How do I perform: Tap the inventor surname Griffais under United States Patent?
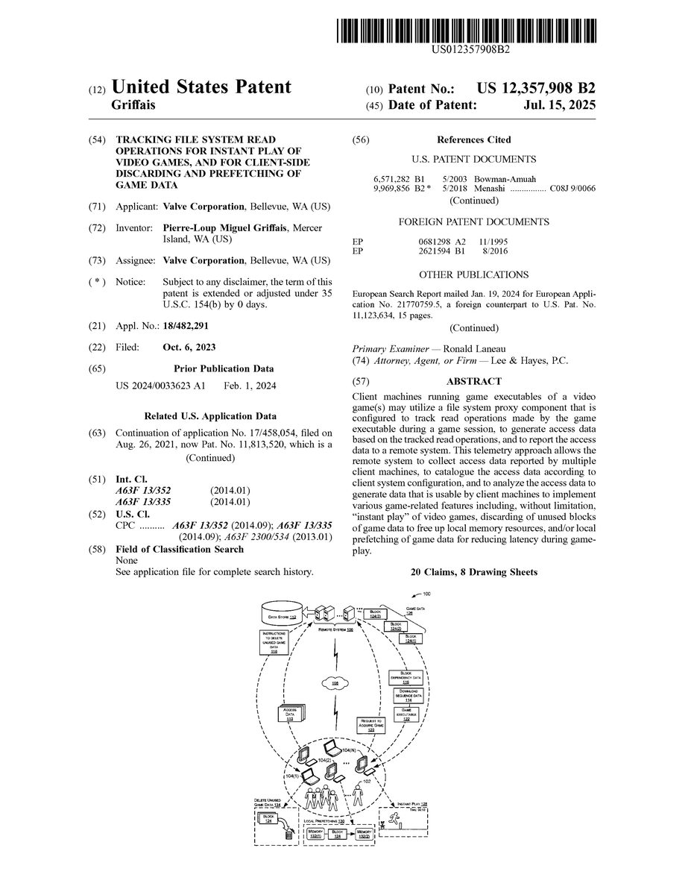pos(133,106)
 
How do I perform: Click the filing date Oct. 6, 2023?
pos(189,348)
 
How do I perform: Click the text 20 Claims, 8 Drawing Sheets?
pos(474,572)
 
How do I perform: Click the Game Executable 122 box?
pos(406,714)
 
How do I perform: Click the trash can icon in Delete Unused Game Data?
pos(288,835)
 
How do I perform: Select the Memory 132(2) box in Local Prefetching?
pos(363,833)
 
